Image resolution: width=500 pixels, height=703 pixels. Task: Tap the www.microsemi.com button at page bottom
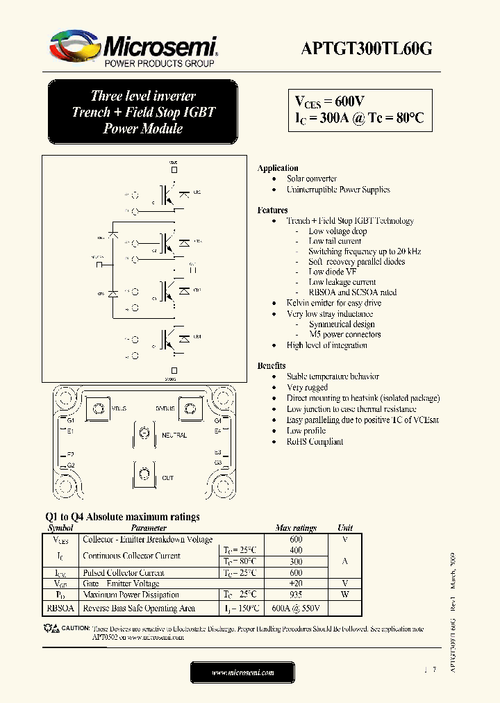pyautogui.click(x=242, y=672)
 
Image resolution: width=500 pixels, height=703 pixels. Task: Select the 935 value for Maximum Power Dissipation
pyautogui.click(x=296, y=595)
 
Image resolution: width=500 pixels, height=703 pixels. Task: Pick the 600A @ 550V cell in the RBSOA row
pyautogui.click(x=296, y=608)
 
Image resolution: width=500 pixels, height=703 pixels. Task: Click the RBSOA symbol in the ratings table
pyautogui.click(x=60, y=608)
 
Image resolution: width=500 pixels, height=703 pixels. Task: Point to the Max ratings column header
pyautogui.click(x=296, y=528)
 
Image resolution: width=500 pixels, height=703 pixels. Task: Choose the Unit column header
pyautogui.click(x=345, y=528)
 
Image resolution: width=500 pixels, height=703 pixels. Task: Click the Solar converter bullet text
pyautogui.click(x=312, y=179)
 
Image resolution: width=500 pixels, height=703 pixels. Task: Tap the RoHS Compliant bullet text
pyautogui.click(x=315, y=441)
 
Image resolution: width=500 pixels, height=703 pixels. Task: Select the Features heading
pyautogui.click(x=272, y=210)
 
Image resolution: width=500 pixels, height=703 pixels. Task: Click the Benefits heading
pyautogui.click(x=272, y=365)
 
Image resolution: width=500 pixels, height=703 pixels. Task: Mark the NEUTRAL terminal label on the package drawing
pyautogui.click(x=174, y=435)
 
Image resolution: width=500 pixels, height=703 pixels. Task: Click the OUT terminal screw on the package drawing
pyautogui.click(x=144, y=476)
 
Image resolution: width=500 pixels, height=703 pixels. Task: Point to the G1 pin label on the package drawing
pyautogui.click(x=70, y=420)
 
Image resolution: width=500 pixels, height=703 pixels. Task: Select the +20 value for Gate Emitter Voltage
pyautogui.click(x=296, y=584)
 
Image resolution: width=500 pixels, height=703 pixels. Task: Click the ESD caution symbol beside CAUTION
pyautogui.click(x=50, y=628)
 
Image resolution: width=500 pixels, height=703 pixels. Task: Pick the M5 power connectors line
pyautogui.click(x=344, y=334)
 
